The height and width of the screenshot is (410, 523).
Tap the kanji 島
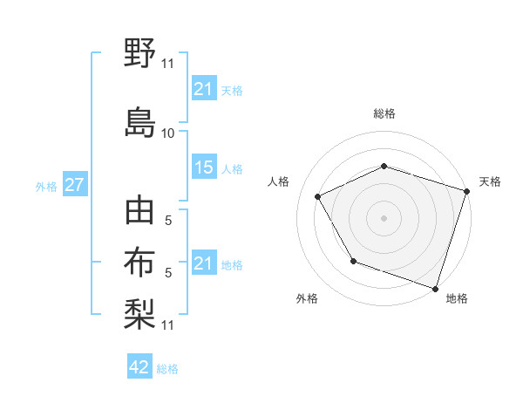point(139,120)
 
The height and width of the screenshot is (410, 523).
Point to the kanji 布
point(139,263)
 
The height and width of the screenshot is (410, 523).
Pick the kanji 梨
point(139,311)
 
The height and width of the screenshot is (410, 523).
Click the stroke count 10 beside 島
point(168,133)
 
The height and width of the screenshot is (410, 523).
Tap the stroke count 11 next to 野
point(168,64)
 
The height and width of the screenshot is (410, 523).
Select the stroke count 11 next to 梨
point(168,325)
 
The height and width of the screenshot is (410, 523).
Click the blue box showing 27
point(74,186)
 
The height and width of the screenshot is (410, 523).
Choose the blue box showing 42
point(139,367)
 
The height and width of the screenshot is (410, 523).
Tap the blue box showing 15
point(204,168)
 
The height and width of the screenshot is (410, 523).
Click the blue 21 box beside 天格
point(204,90)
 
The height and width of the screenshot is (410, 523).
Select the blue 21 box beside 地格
point(204,264)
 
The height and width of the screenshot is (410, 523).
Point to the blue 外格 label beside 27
point(46,187)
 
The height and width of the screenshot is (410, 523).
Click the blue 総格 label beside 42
point(167,369)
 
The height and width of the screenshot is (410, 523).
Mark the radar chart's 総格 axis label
point(384,113)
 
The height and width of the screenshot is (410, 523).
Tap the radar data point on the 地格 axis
point(436,287)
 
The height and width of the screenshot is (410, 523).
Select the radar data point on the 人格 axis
point(318,197)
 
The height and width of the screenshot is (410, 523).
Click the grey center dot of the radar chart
point(384,217)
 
